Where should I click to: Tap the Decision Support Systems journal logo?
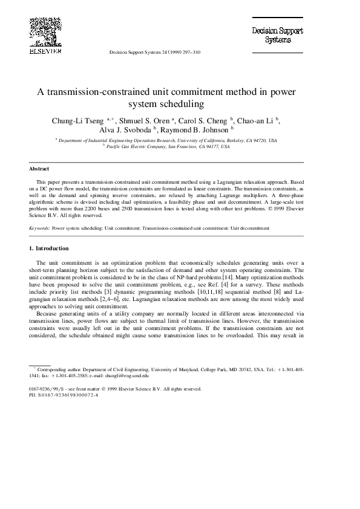(x=278, y=35)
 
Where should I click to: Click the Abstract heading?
(x=39, y=169)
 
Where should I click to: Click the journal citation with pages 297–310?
(x=154, y=53)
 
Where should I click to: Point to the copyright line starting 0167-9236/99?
(x=115, y=389)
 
